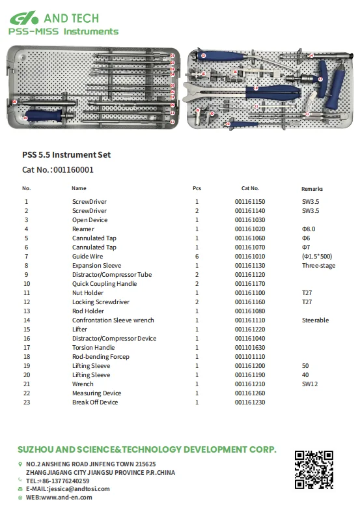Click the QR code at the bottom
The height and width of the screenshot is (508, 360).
[314, 470]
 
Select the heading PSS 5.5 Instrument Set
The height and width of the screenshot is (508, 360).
[66, 155]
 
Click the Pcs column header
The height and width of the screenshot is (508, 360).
[197, 188]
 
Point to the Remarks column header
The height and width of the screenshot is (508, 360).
[312, 189]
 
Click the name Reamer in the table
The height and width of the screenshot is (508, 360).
[83, 229]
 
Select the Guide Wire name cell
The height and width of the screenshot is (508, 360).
[87, 257]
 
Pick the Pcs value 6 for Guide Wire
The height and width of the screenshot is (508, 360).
[197, 257]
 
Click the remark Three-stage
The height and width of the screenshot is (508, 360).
[318, 266]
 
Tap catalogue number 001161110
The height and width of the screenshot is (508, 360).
[250, 320]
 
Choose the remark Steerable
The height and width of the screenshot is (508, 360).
[315, 320]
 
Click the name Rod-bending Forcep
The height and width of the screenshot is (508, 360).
[100, 357]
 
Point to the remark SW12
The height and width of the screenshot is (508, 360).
[309, 384]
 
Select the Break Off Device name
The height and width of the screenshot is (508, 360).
[95, 402]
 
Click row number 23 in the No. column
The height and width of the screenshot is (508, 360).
[27, 402]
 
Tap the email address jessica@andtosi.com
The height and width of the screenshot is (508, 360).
[72, 488]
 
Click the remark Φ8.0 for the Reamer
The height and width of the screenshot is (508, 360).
[308, 229]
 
